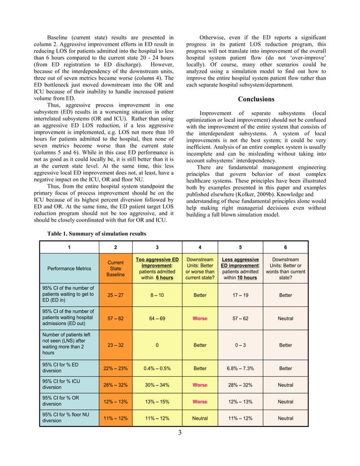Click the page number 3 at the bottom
point(179,433)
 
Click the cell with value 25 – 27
point(115,294)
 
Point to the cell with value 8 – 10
point(157,294)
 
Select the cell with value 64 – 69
point(157,318)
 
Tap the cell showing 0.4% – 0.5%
point(157,368)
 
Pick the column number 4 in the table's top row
point(200,247)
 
